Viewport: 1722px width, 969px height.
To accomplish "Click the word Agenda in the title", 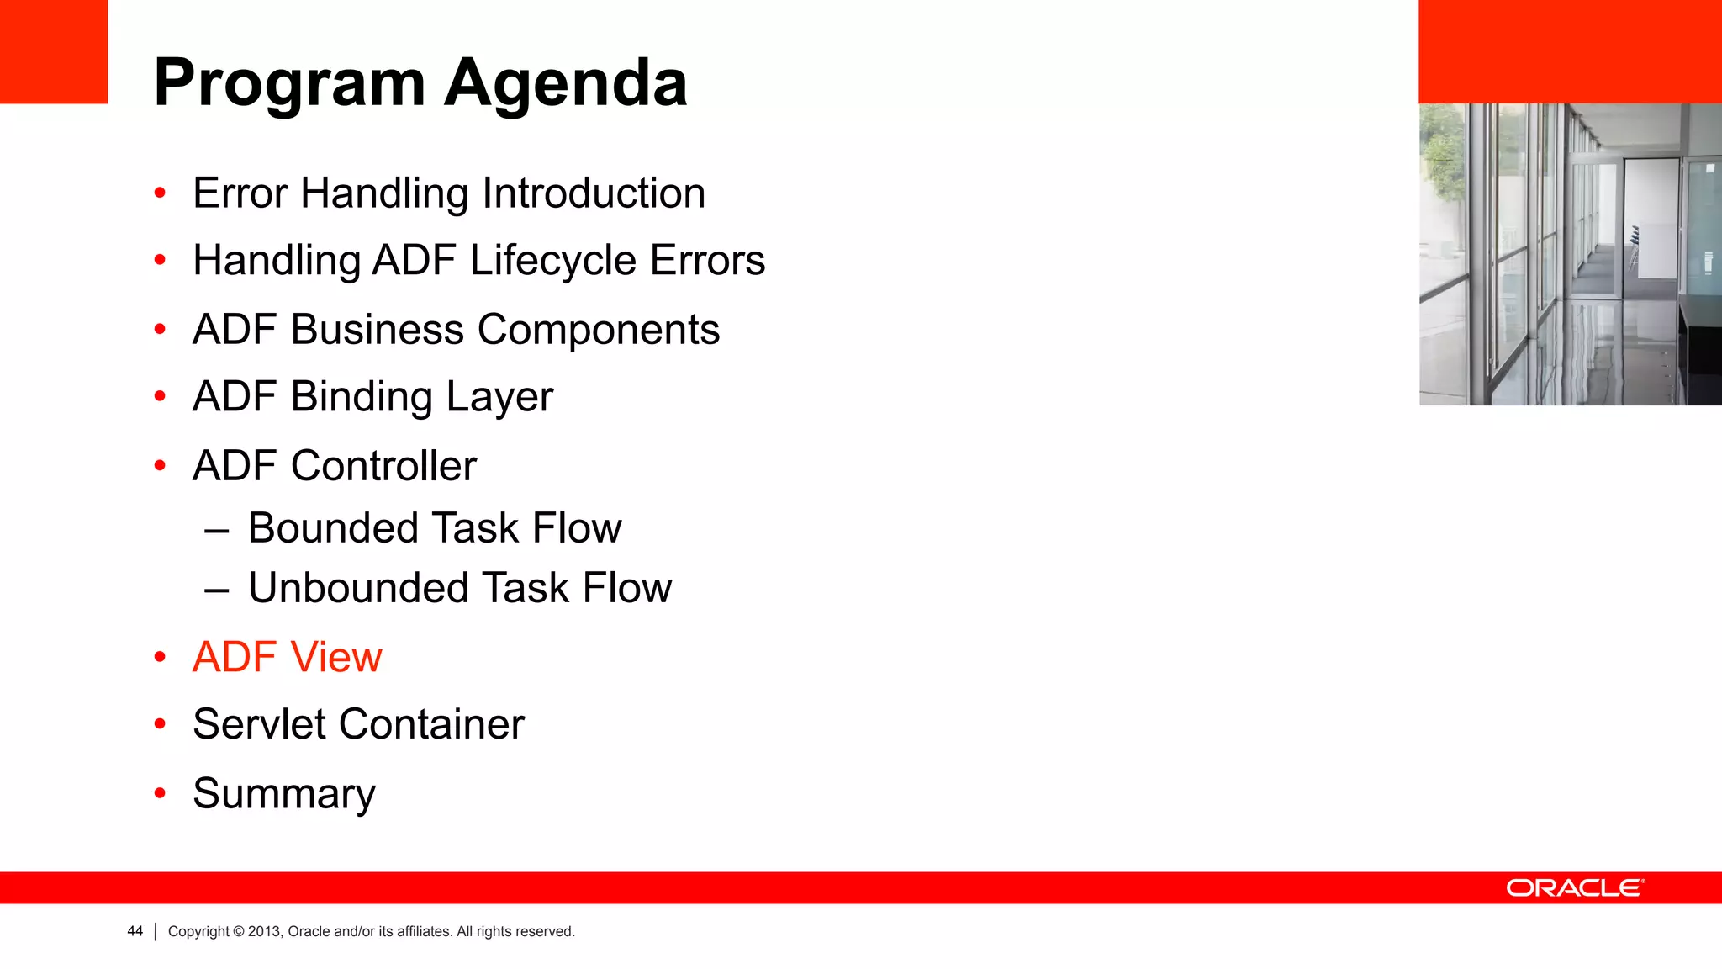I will point(565,84).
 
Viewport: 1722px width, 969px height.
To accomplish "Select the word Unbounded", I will point(358,588).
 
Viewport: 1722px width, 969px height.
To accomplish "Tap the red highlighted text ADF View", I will point(287,657).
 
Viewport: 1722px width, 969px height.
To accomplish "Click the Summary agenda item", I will point(284,794).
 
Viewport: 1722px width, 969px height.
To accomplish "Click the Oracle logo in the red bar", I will point(1574,888).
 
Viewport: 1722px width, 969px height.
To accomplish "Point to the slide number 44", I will point(135,931).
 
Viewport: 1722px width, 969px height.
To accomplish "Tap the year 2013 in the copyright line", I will point(263,931).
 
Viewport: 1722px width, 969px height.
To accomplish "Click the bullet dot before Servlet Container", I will point(160,724).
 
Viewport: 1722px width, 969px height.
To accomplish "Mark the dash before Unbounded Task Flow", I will point(217,590).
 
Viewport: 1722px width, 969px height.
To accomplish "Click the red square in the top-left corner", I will point(54,51).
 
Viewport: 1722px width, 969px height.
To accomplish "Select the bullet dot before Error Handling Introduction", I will point(160,193).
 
